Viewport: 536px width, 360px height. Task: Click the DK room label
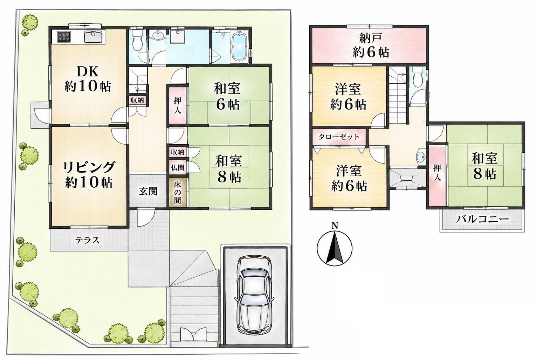88,79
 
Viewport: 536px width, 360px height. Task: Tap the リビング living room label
89,174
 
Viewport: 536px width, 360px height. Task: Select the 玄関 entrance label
148,191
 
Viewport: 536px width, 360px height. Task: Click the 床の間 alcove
177,192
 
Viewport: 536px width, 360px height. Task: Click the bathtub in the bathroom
240,46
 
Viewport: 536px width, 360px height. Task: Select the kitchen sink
93,37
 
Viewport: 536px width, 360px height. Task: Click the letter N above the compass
335,225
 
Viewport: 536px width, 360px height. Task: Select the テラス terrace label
87,240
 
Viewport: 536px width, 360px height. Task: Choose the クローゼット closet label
339,137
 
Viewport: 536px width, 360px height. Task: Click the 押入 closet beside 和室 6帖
177,105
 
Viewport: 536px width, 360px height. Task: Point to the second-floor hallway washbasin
421,156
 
